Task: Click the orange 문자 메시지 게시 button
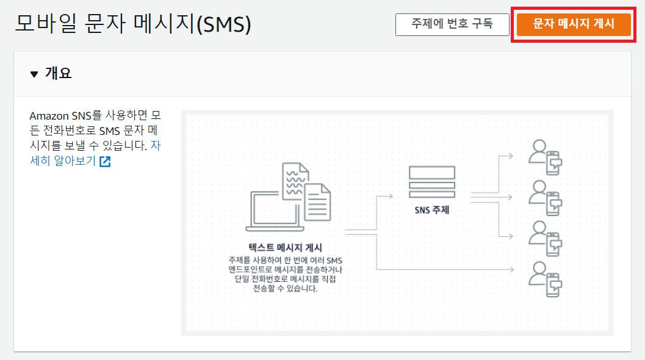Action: coord(574,24)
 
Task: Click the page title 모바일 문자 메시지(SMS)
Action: coord(133,25)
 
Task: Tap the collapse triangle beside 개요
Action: coord(34,74)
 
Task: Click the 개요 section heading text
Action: coord(58,74)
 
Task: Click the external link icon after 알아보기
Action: coord(105,162)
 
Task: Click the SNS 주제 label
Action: coord(432,211)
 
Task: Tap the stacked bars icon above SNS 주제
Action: coord(432,182)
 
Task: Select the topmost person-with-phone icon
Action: coord(545,158)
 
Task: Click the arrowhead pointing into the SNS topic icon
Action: coord(389,196)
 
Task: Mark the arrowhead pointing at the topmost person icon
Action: coord(511,155)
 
